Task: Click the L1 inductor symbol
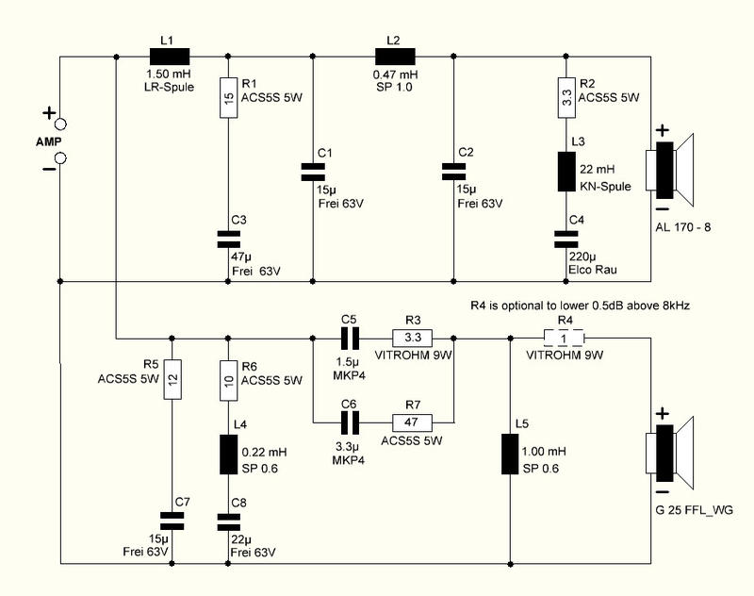tap(170, 57)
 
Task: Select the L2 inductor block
tap(395, 57)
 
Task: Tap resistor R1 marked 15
tap(228, 98)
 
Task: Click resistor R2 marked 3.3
tap(566, 98)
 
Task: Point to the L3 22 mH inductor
tap(566, 172)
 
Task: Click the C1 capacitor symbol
tap(313, 172)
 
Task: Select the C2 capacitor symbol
tap(453, 172)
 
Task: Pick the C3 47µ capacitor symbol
tap(228, 240)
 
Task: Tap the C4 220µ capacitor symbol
tap(566, 240)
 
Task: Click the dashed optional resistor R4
tap(564, 339)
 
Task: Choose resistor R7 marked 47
tap(412, 422)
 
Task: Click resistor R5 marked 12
tap(172, 379)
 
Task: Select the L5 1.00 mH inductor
tap(510, 455)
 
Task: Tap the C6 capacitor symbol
tap(350, 422)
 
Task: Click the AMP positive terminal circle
tap(60, 124)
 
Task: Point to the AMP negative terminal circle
tap(60, 157)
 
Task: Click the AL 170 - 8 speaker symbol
tap(669, 170)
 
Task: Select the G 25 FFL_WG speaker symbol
tap(669, 454)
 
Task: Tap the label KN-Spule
tap(605, 187)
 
